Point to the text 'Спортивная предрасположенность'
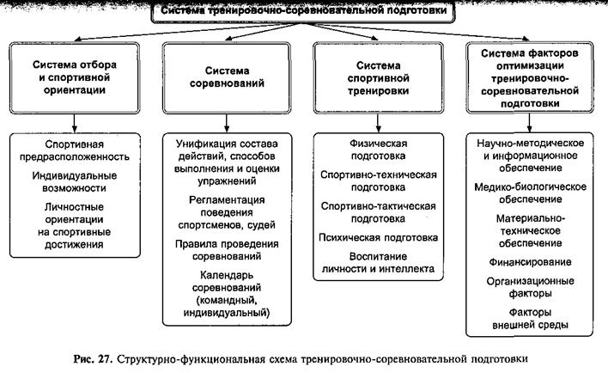pyautogui.click(x=76, y=150)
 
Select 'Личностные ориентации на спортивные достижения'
pyautogui.click(x=76, y=226)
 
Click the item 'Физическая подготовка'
pyautogui.click(x=378, y=150)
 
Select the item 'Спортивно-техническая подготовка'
pyautogui.click(x=378, y=181)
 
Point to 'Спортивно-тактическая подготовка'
pyautogui.click(x=378, y=212)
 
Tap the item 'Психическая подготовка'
pyautogui.click(x=378, y=237)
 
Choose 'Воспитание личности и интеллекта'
pyautogui.click(x=378, y=263)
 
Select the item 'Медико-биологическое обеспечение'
pyautogui.click(x=530, y=193)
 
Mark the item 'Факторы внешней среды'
pyautogui.click(x=530, y=318)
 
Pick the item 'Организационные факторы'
pyautogui.click(x=530, y=286)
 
